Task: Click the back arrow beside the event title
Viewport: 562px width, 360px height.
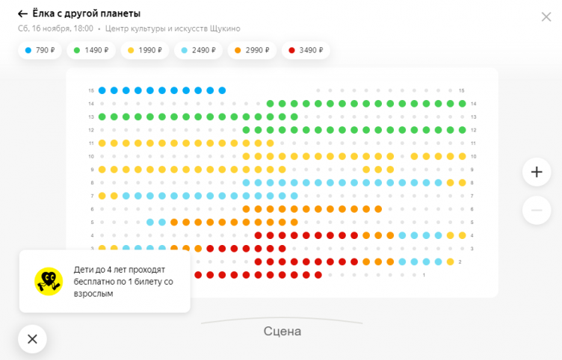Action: pos(22,13)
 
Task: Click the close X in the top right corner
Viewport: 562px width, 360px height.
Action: pos(546,16)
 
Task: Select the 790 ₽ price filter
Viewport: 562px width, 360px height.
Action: pos(40,51)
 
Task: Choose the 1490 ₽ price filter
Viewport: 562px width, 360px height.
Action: pos(92,51)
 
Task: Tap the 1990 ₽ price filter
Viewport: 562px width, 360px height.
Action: pos(145,51)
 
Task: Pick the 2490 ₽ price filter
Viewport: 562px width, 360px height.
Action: pos(198,51)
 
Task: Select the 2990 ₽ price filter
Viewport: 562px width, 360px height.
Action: pos(251,51)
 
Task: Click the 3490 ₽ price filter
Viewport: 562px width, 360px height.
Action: pos(304,51)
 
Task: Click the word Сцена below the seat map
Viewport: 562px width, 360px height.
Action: pos(282,331)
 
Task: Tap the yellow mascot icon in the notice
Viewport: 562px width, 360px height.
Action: pos(49,281)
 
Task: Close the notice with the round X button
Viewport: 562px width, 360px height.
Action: pos(32,338)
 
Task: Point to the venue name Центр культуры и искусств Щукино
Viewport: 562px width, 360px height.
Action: pos(173,28)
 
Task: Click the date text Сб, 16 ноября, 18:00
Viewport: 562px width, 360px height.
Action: pos(55,28)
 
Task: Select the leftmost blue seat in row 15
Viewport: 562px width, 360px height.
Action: pos(102,90)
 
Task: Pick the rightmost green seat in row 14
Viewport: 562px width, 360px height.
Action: pos(462,103)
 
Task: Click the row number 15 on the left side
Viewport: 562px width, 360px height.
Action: pos(90,90)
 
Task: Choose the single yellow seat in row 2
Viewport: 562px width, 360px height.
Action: pos(450,261)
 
